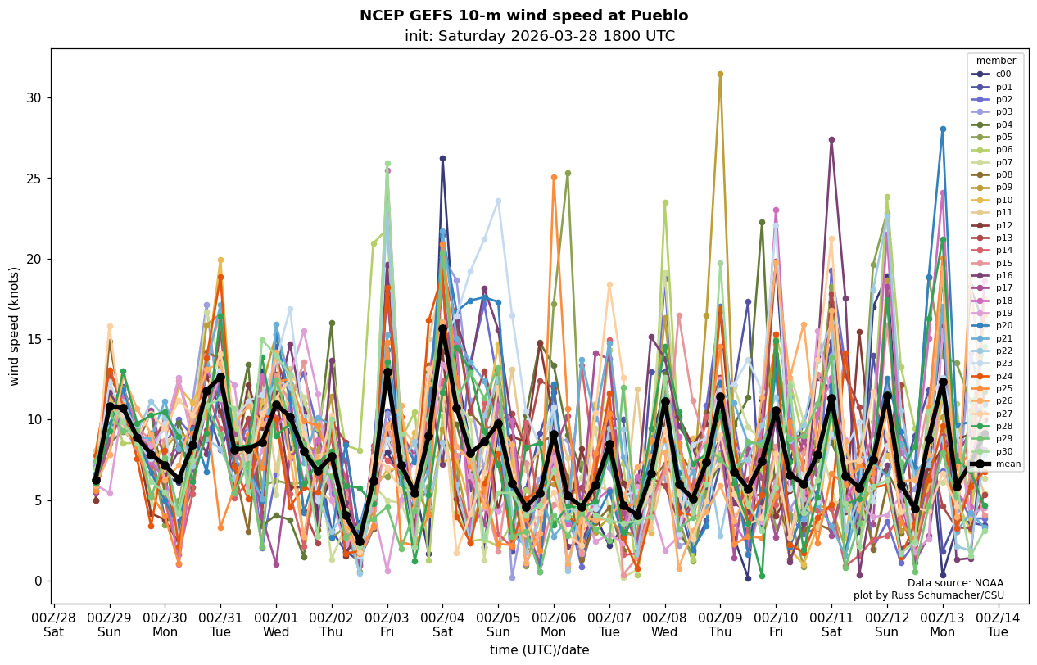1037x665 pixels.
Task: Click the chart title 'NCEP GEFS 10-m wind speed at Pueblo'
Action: [523, 16]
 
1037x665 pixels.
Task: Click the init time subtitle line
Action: [539, 37]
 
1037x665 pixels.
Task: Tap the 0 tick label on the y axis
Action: [38, 581]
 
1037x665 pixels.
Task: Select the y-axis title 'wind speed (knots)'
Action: [15, 326]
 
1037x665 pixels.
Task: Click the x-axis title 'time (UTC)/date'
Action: [539, 650]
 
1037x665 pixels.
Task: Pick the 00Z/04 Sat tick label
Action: [442, 624]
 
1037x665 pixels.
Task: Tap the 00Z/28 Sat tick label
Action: [54, 624]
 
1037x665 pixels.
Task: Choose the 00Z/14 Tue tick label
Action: [998, 624]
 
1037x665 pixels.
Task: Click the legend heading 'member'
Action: [995, 61]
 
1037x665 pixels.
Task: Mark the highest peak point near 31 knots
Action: [720, 75]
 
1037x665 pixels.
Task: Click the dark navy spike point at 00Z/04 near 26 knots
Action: [442, 159]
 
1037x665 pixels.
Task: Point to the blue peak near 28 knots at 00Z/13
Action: [943, 129]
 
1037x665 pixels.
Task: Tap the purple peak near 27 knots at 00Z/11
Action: [831, 140]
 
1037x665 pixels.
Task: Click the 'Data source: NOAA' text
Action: [955, 583]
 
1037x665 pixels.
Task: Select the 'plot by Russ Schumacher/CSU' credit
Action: [928, 595]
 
